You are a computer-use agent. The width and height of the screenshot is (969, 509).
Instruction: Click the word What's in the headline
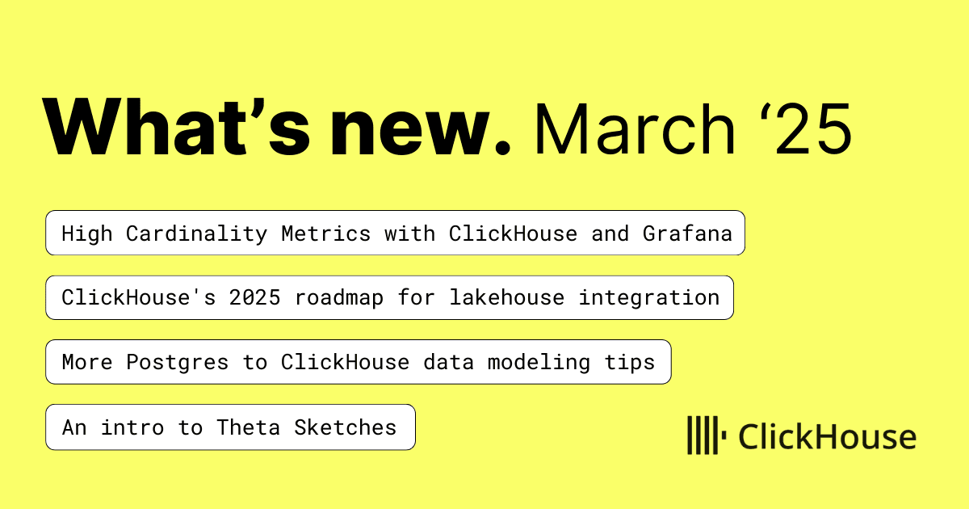click(176, 126)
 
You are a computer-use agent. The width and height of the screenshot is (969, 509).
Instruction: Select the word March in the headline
click(635, 128)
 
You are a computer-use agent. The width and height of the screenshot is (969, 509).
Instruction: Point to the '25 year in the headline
click(807, 128)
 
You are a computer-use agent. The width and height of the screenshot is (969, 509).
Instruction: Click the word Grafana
click(687, 233)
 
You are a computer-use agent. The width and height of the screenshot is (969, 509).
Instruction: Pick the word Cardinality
click(196, 234)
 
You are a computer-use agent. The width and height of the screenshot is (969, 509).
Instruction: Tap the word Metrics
click(325, 233)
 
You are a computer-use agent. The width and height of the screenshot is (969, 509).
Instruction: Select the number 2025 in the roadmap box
click(255, 298)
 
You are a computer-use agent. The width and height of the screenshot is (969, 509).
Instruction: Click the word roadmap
click(338, 299)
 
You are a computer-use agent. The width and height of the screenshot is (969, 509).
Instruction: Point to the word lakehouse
click(506, 298)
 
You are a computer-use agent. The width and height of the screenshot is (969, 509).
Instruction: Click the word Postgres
click(177, 363)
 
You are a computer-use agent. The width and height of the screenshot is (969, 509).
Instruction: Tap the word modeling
click(539, 363)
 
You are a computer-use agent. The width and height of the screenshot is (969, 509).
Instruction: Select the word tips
click(629, 363)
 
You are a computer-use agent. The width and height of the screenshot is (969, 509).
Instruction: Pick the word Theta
click(249, 427)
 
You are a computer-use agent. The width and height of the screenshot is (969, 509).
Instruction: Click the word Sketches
click(346, 427)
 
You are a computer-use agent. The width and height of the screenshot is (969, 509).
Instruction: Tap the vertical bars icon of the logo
click(707, 435)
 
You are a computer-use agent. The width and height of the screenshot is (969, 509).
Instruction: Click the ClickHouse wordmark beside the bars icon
click(827, 436)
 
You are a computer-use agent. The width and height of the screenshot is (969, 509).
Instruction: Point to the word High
click(87, 233)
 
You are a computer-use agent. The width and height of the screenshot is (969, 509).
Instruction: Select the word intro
click(132, 427)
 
